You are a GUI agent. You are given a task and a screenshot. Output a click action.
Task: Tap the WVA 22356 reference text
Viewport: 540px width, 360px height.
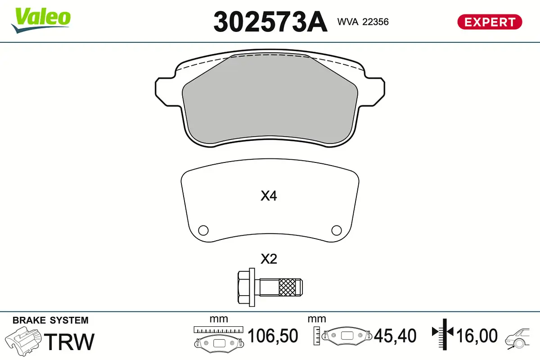363,22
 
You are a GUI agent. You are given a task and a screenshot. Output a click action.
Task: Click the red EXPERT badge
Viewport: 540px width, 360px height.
490,22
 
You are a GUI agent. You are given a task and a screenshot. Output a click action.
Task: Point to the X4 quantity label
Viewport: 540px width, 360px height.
269,196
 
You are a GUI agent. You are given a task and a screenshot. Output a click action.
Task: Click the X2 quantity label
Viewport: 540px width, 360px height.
269,259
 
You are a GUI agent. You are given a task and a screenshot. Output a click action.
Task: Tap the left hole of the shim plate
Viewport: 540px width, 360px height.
203,230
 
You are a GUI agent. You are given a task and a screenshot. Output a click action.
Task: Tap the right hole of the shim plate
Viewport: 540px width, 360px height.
336,230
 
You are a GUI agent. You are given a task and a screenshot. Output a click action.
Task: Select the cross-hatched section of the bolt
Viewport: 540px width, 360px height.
289,287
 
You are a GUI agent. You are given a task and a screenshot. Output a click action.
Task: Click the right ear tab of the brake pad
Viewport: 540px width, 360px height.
377,88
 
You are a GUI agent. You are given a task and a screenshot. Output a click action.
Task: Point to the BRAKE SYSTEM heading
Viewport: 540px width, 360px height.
50,320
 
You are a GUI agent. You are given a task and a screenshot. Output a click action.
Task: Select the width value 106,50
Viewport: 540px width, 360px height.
273,336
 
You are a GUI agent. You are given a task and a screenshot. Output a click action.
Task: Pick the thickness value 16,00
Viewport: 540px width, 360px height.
477,336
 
